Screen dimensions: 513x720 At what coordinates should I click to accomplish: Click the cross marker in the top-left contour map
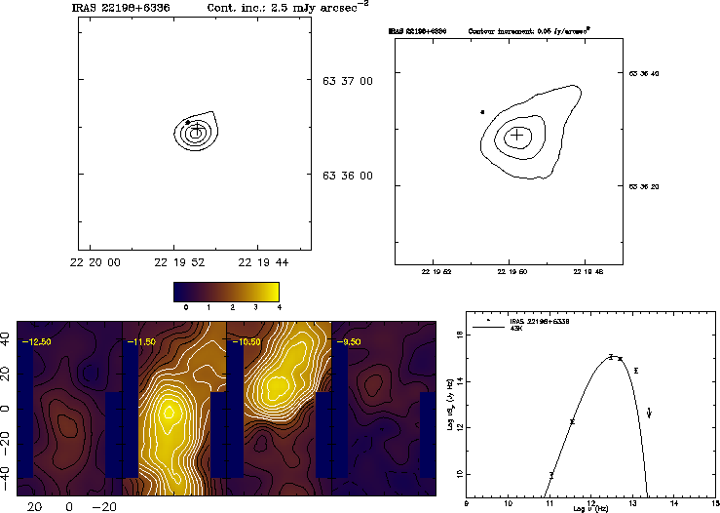point(197,128)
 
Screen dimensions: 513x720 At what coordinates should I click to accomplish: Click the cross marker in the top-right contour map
point(517,135)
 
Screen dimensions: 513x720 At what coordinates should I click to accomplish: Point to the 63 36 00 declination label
point(348,176)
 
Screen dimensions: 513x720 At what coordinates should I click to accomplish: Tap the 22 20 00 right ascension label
point(96,262)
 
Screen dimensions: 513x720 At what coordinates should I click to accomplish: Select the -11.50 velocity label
point(140,342)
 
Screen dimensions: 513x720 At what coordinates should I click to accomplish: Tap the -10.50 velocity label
point(244,342)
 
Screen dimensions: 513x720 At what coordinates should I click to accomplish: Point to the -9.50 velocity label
point(348,342)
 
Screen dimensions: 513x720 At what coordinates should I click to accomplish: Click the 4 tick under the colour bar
point(279,306)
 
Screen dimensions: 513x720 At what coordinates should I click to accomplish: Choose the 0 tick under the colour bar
point(185,306)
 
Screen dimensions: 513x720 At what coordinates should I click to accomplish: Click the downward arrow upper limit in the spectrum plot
point(650,414)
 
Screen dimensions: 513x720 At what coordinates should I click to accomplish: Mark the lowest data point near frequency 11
point(551,475)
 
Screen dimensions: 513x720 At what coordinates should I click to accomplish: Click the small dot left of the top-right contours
point(482,112)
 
